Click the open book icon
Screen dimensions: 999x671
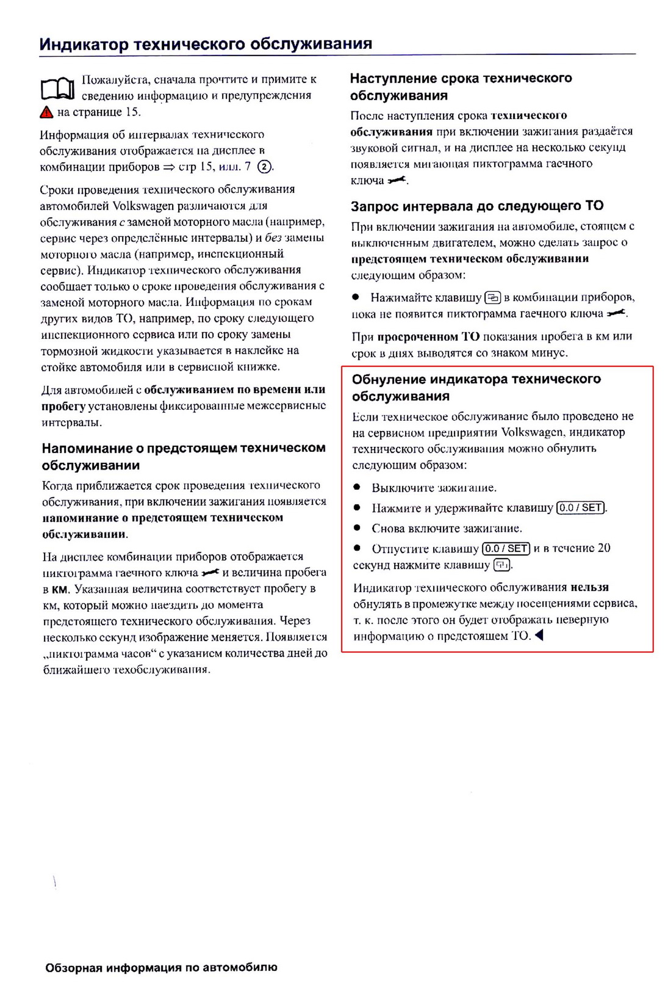pyautogui.click(x=58, y=89)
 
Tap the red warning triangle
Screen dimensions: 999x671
pyautogui.click(x=47, y=112)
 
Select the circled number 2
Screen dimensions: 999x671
pyautogui.click(x=264, y=167)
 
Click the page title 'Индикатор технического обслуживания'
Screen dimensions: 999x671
pyautogui.click(x=206, y=44)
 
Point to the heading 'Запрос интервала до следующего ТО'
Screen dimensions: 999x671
pyautogui.click(x=477, y=206)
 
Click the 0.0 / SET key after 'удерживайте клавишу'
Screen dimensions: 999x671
pyautogui.click(x=581, y=507)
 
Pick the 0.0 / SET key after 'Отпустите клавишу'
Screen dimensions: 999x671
pyautogui.click(x=506, y=548)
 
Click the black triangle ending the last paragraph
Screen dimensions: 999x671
pyautogui.click(x=539, y=636)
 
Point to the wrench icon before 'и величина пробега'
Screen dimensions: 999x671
pyautogui.click(x=210, y=573)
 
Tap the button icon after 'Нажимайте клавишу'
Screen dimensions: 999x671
pyautogui.click(x=493, y=298)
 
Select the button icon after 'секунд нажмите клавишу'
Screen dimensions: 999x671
pyautogui.click(x=501, y=565)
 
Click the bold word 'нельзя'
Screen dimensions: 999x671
pyautogui.click(x=590, y=587)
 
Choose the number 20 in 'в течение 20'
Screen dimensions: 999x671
pyautogui.click(x=603, y=548)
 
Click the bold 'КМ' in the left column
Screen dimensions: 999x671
pyautogui.click(x=60, y=589)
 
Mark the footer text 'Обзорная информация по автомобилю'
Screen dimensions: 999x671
pyautogui.click(x=161, y=967)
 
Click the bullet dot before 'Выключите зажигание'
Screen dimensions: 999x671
pyautogui.click(x=357, y=487)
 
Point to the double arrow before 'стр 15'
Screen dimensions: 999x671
pyautogui.click(x=169, y=167)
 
